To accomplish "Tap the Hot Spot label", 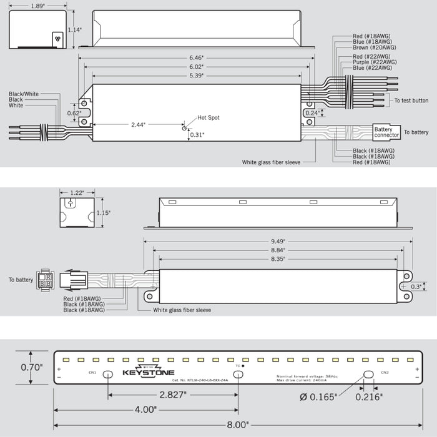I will pyautogui.click(x=209, y=117).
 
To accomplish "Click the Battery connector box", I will pyautogui.click(x=386, y=132).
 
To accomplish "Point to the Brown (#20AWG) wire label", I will pyautogui.click(x=374, y=47).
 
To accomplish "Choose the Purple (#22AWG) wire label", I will pyautogui.click(x=375, y=62).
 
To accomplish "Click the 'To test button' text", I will pyautogui.click(x=411, y=101).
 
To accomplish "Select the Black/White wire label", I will pyautogui.click(x=24, y=94).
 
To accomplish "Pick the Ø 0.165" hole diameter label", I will pyautogui.click(x=318, y=396).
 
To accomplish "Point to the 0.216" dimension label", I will pyautogui.click(x=369, y=396).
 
